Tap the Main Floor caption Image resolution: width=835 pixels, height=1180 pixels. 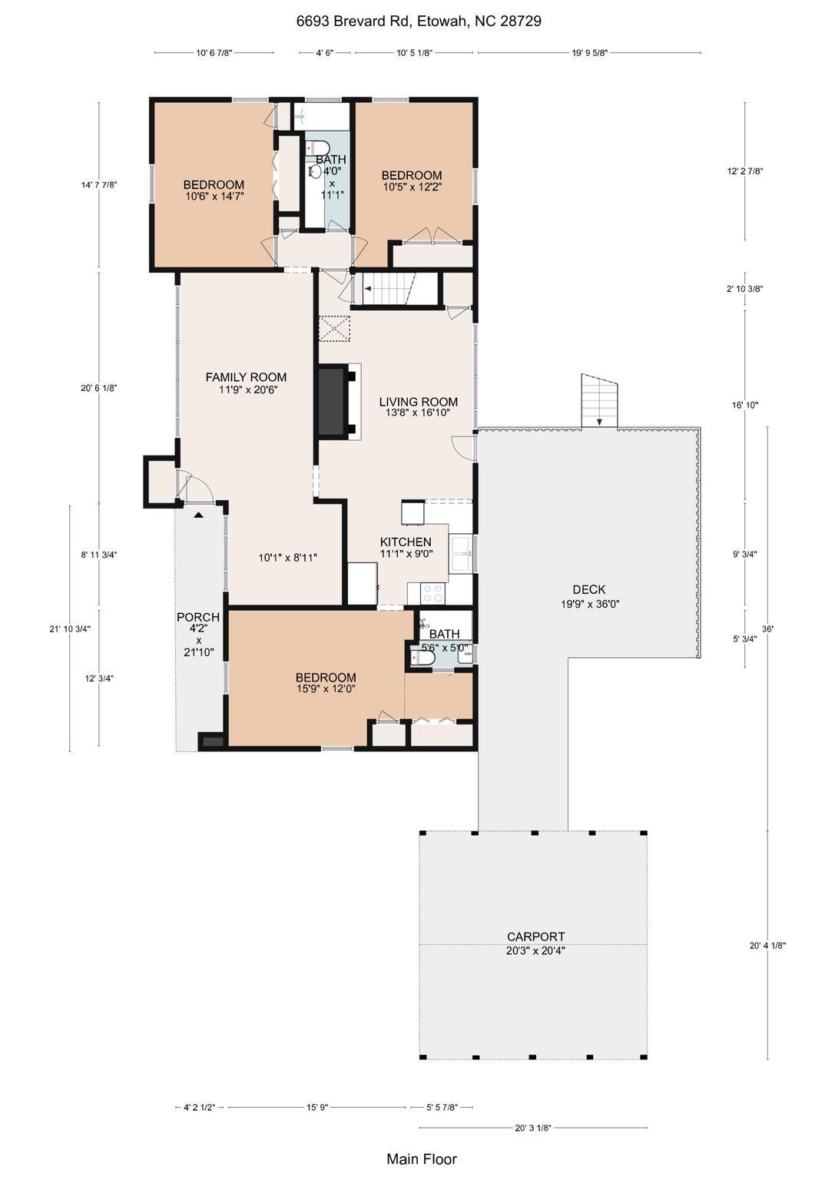[x=422, y=1159]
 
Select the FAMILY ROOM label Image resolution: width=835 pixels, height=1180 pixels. [x=246, y=377]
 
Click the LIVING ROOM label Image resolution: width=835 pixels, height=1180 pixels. [x=419, y=402]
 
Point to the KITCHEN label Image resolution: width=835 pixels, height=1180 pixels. [x=406, y=542]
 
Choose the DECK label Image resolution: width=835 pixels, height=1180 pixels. [x=589, y=589]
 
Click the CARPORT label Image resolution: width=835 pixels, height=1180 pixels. [x=535, y=936]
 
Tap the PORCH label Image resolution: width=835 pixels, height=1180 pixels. [x=198, y=617]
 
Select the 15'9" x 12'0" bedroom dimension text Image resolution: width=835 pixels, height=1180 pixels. [x=326, y=689]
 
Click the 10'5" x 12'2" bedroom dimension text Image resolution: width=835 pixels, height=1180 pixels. [x=412, y=187]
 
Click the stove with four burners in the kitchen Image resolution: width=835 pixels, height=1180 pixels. [x=433, y=594]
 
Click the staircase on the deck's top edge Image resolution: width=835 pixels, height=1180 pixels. [x=599, y=400]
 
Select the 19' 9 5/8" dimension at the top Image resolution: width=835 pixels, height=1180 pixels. [x=589, y=53]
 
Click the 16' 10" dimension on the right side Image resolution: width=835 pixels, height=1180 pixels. [x=744, y=405]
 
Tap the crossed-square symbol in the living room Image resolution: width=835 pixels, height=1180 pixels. [x=334, y=329]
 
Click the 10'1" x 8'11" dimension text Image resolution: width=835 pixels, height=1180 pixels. [x=287, y=557]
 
